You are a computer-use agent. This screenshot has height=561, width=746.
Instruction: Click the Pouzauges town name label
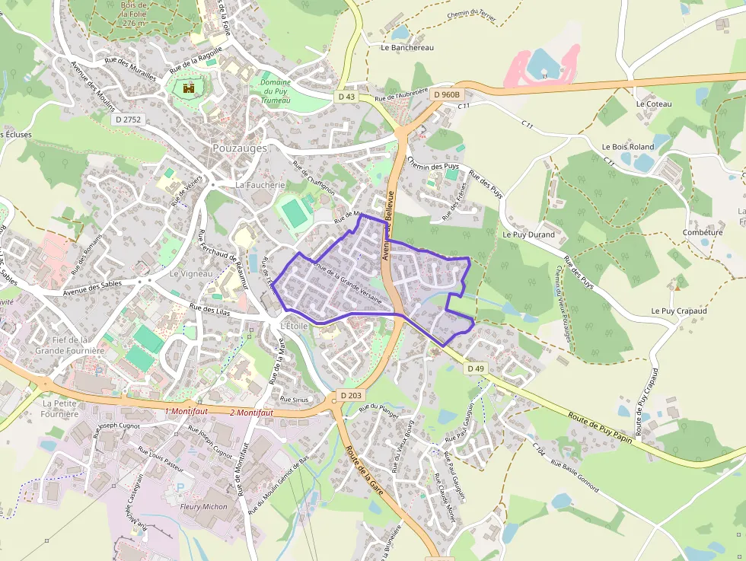(240, 148)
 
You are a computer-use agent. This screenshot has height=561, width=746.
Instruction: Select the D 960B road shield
(447, 94)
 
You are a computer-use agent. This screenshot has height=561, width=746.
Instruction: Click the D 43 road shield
(346, 97)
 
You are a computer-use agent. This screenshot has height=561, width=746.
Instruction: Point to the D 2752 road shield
(128, 120)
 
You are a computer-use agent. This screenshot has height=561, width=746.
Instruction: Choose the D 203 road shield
(352, 396)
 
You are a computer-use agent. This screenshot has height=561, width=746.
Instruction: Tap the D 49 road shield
(476, 368)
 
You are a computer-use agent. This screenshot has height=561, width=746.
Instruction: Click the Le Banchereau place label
(406, 47)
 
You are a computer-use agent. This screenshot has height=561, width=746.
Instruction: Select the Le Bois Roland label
(627, 147)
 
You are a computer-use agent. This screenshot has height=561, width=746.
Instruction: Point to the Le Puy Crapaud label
(679, 311)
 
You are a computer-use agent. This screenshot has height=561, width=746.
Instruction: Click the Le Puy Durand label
(528, 235)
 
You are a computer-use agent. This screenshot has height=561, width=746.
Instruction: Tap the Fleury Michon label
(203, 506)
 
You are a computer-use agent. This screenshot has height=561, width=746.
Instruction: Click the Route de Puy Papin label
(601, 428)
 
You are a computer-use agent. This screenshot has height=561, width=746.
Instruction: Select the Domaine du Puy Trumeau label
(276, 91)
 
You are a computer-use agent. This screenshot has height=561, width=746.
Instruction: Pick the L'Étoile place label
(294, 326)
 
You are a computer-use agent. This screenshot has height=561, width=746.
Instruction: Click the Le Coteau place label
(654, 104)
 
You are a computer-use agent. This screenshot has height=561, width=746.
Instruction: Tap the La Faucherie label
(260, 185)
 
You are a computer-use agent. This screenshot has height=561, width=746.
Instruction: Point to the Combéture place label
(702, 233)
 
